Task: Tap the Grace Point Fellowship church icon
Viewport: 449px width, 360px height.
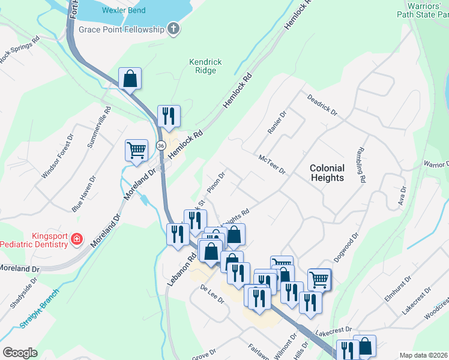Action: coord(173,29)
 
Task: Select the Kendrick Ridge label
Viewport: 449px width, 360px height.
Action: coord(205,66)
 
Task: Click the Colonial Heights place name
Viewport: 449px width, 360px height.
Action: coord(327,173)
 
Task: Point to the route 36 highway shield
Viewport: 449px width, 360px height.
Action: coord(161,146)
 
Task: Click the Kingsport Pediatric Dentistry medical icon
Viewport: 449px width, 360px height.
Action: coord(76,240)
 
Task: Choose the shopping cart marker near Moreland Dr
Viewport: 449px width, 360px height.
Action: coord(136,151)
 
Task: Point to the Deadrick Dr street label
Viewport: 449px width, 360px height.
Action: coord(322,105)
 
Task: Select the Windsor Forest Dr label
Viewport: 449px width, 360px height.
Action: coord(58,155)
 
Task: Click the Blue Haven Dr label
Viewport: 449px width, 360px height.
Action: coord(83,193)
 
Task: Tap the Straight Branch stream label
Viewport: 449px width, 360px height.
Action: coord(33,315)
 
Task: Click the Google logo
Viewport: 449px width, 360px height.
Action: coord(20,353)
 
